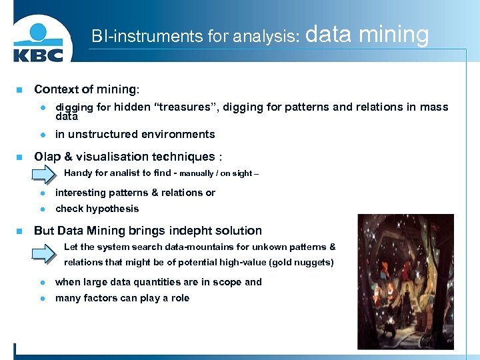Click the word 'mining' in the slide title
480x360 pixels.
(x=396, y=34)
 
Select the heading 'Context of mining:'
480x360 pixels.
(x=87, y=89)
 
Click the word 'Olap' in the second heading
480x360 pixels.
(x=47, y=157)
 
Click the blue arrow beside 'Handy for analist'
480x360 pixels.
(x=44, y=173)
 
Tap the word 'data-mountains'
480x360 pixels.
(x=193, y=247)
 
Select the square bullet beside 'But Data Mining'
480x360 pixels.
(x=19, y=231)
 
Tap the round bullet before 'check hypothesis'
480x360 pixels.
(x=41, y=209)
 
